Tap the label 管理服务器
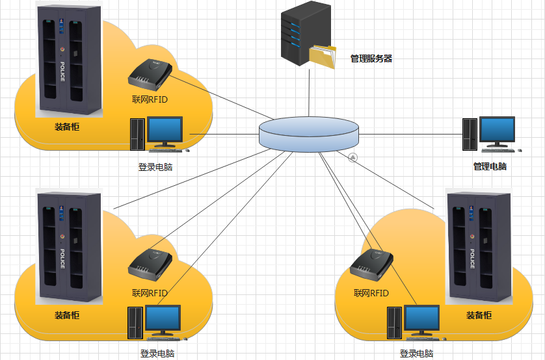coord(371,58)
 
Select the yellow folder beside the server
coord(323,56)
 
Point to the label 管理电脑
coord(490,166)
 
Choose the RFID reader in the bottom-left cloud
coord(150,263)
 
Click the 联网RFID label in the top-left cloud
coord(150,99)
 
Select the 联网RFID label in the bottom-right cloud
coord(371,293)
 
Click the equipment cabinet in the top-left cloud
coord(70,62)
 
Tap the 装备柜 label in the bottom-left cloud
coord(67,315)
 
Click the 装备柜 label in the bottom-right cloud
coord(479,315)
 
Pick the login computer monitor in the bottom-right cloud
coord(421,318)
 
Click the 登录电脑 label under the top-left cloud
coord(155,167)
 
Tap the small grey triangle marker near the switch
coord(352,157)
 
